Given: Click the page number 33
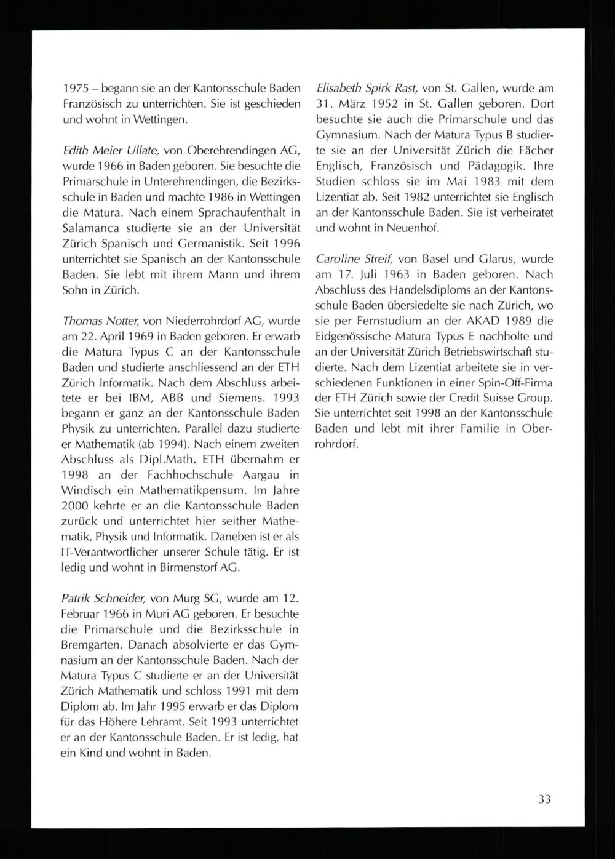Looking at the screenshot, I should [x=544, y=799].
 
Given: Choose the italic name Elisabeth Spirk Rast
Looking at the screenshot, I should [x=367, y=88].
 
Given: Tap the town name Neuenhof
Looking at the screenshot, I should [x=411, y=228].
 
